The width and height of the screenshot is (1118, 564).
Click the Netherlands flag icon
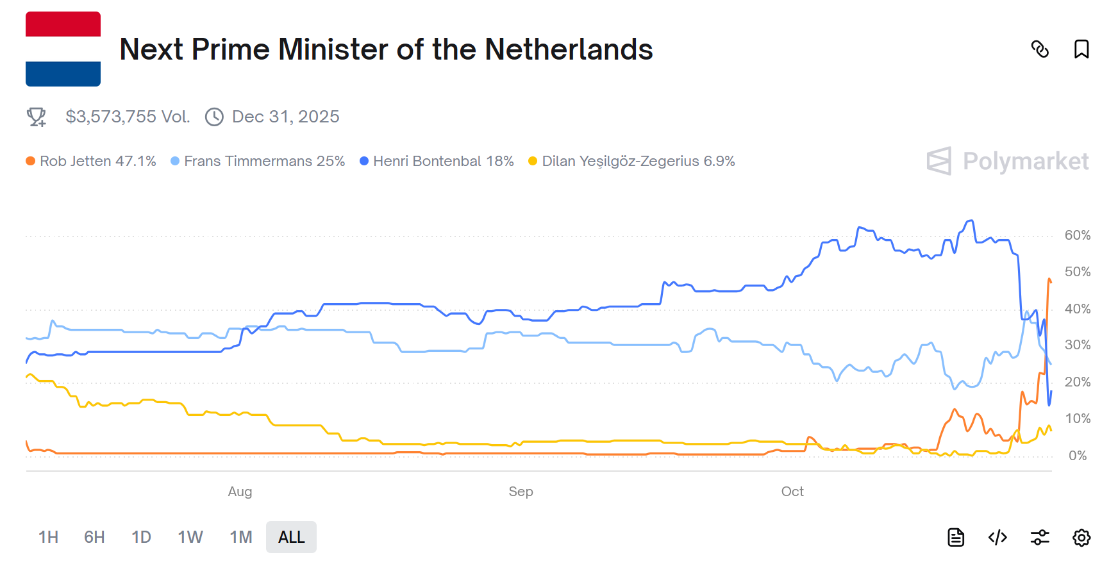(x=63, y=49)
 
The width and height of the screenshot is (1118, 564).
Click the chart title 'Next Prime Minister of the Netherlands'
(x=386, y=49)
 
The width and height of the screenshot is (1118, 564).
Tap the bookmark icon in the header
(x=1081, y=49)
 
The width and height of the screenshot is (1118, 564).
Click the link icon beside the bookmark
(x=1040, y=49)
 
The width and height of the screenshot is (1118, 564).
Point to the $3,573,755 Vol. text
(x=128, y=117)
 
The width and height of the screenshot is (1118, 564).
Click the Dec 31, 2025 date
(x=285, y=117)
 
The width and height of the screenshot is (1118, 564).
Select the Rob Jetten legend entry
(x=91, y=161)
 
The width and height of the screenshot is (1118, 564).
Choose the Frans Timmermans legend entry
(x=258, y=161)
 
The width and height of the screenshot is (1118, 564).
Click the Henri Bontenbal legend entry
(x=437, y=161)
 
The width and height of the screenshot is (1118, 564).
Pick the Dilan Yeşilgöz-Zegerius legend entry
(x=631, y=161)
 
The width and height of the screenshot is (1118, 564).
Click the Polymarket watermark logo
(x=1008, y=161)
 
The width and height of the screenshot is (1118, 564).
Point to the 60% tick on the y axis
(x=1077, y=235)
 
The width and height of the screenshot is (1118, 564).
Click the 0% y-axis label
(x=1077, y=456)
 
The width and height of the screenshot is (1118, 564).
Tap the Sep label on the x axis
(x=521, y=492)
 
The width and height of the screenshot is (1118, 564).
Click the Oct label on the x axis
(x=792, y=492)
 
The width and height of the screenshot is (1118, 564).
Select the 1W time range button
(x=190, y=537)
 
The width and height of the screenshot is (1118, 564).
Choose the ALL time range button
(x=291, y=537)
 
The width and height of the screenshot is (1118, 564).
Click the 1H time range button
(x=48, y=537)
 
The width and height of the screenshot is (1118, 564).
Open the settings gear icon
(x=1081, y=537)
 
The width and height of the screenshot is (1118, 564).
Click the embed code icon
(x=997, y=537)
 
